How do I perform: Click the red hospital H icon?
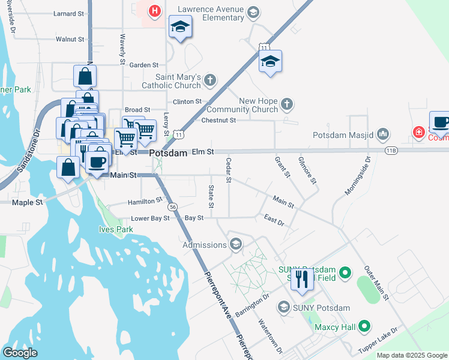155,11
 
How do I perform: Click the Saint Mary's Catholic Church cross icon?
209,80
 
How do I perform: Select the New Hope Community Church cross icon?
287,104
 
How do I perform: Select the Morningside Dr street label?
358,176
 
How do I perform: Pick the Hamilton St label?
145,202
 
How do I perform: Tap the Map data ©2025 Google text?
411,355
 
